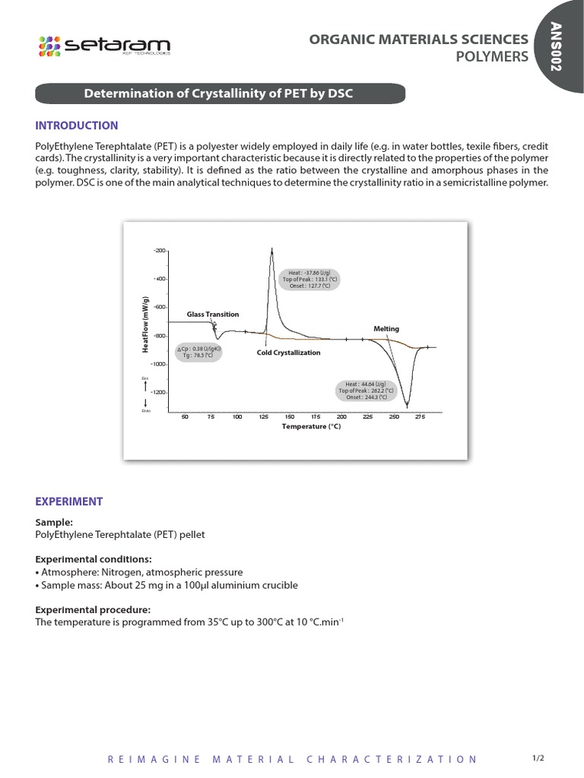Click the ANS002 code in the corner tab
point(560,46)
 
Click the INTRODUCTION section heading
point(77,125)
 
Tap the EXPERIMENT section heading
point(69,501)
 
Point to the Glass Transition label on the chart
point(213,314)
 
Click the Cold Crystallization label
point(288,353)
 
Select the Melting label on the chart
point(386,328)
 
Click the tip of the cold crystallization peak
point(271,250)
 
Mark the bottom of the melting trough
point(407,406)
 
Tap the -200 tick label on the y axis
point(159,250)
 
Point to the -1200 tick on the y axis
point(157,392)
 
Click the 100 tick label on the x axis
point(237,417)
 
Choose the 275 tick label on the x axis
point(420,417)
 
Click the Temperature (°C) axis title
point(311,427)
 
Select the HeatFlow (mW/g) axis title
point(144,324)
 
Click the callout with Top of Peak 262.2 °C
point(366,391)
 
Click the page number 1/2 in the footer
point(538,758)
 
